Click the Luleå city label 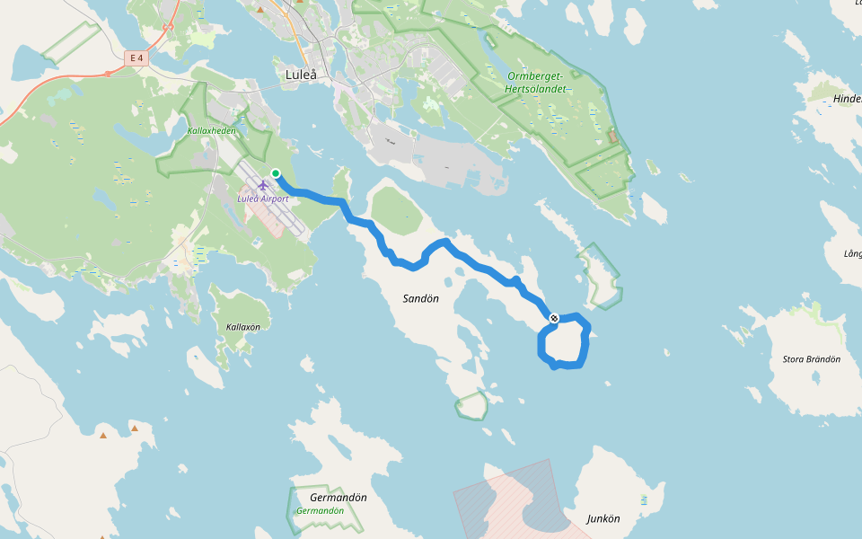coord(301,75)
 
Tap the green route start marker coord(276,173)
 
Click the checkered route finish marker coord(554,318)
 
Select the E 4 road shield coord(136,58)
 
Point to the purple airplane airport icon coord(263,185)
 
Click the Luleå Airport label coord(263,199)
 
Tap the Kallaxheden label coord(211,130)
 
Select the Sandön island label coord(420,298)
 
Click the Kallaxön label coord(242,327)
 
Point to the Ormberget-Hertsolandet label coord(535,82)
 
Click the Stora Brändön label coord(811,359)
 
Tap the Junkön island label coord(603,518)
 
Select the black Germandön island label coord(338,497)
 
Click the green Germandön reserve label coord(320,510)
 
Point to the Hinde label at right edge coord(847,99)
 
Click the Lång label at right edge coord(852,254)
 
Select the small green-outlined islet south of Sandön coord(471,405)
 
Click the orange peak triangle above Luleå coord(260,9)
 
